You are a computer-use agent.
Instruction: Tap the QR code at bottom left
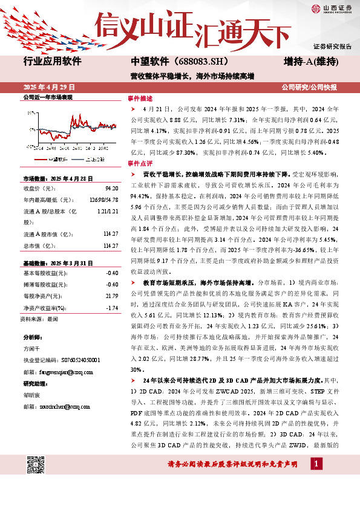click(37, 465)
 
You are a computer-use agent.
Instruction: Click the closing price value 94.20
click(111, 188)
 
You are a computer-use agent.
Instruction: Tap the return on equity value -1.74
click(111, 308)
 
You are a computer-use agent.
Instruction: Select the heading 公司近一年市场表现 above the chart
click(48, 97)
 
